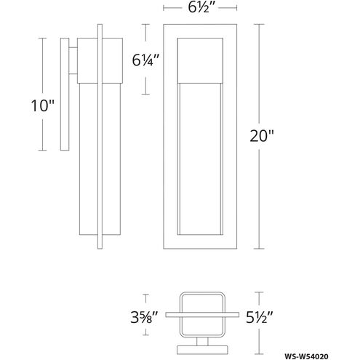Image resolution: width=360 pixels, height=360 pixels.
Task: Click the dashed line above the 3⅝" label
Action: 148,299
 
